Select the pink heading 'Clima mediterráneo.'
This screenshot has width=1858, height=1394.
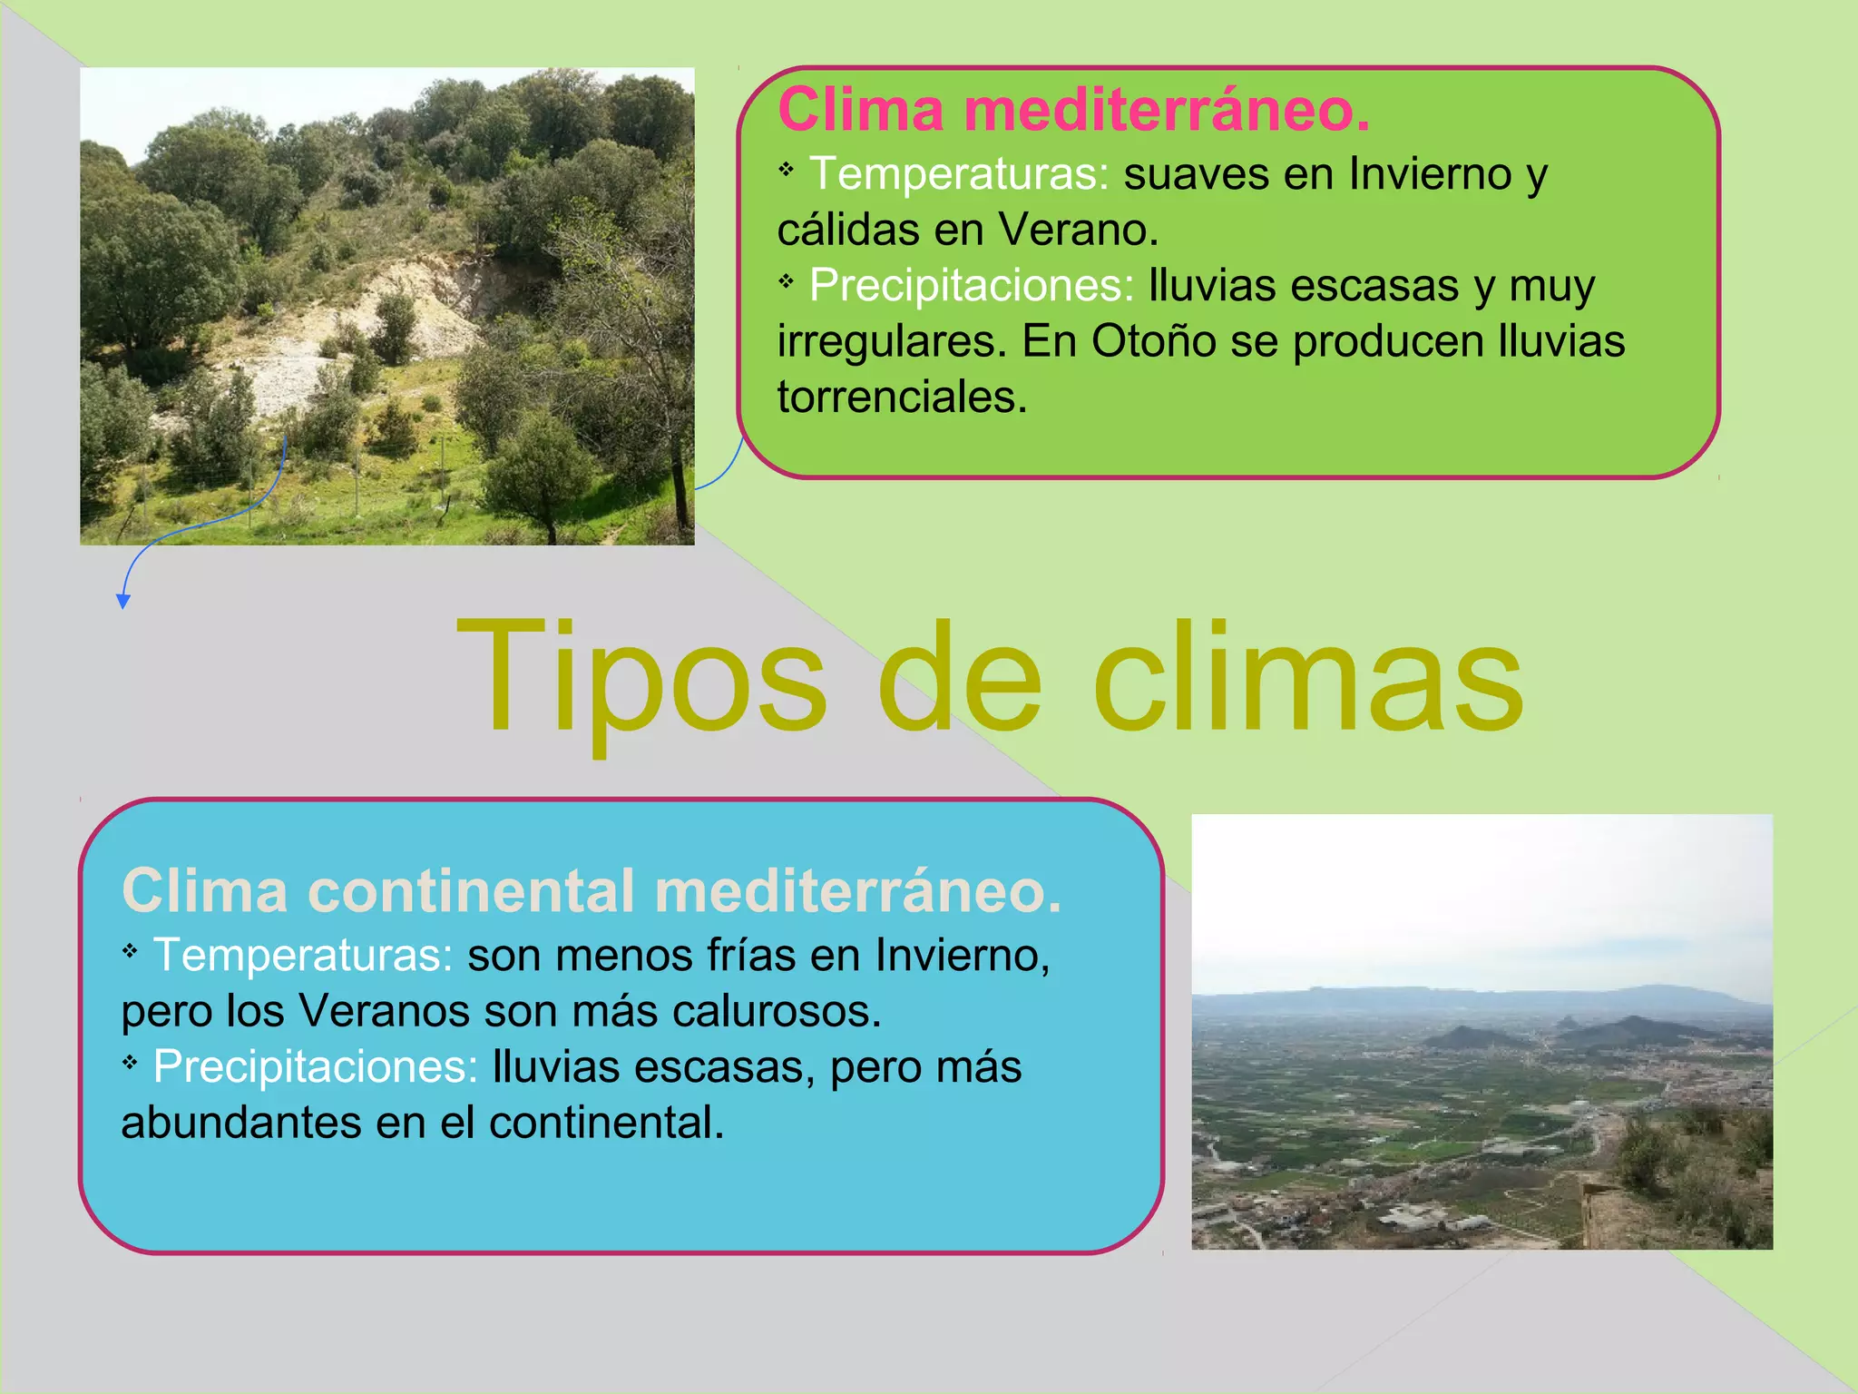tap(1073, 110)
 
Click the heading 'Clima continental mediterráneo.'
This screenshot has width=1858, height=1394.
tap(592, 890)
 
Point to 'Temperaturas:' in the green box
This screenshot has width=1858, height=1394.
tap(959, 173)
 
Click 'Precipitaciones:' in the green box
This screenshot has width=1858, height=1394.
tap(972, 285)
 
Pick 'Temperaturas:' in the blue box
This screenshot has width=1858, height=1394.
tap(303, 956)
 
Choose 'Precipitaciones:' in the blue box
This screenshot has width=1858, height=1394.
tap(315, 1067)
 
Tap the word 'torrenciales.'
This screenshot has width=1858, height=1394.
tap(902, 398)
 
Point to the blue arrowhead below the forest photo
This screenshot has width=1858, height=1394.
tap(123, 601)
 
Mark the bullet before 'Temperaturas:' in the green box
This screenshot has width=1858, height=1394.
tap(787, 169)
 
